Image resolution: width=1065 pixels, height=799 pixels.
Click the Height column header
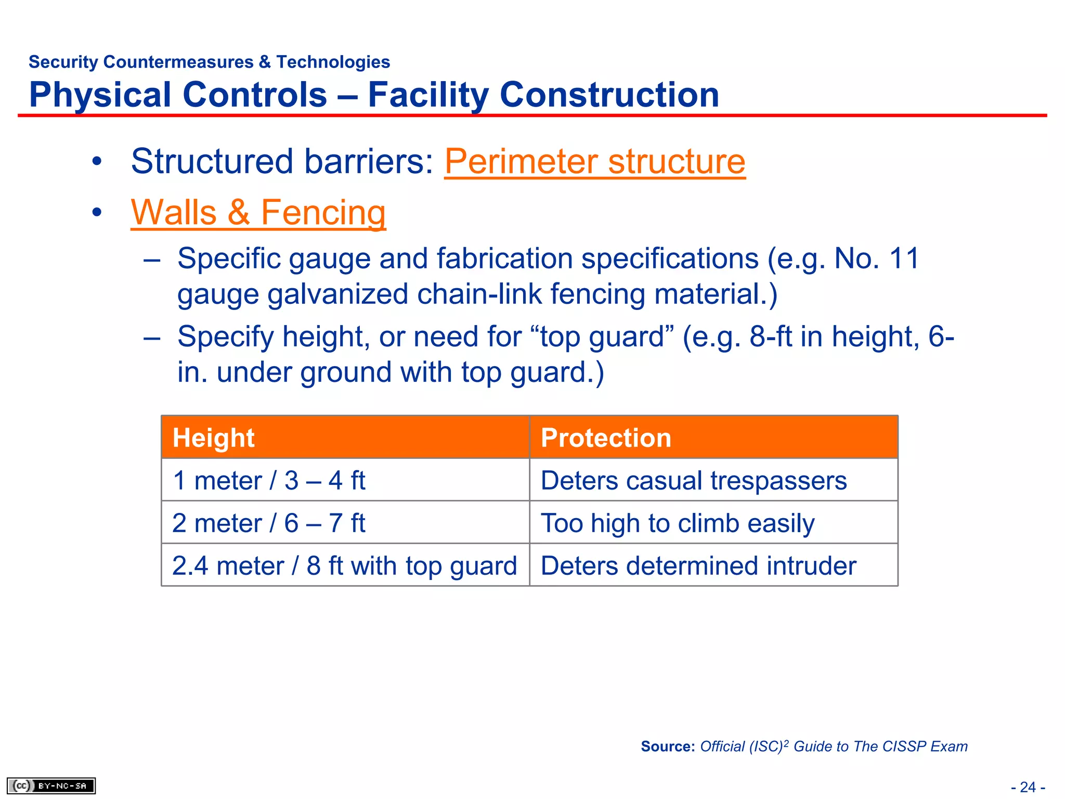[213, 437]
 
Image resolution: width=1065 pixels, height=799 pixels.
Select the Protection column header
[606, 437]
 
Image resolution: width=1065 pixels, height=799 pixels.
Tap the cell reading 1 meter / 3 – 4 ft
[269, 480]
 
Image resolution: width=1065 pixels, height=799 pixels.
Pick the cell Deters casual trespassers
[693, 480]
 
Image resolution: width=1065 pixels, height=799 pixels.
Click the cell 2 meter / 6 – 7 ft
[269, 523]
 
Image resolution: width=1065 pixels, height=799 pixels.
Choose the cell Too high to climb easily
[677, 523]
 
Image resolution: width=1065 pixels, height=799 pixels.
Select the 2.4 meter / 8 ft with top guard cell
[344, 565]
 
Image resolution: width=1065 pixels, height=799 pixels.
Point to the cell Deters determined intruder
[698, 565]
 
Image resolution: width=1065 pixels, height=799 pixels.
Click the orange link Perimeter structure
[594, 161]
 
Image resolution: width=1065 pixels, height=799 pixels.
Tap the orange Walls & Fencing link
[258, 212]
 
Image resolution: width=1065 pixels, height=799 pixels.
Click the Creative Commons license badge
[51, 785]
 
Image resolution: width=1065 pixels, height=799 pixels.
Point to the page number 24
[1028, 787]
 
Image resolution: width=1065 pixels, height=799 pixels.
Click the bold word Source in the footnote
[667, 746]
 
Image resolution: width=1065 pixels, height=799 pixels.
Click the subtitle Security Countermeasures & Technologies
[209, 62]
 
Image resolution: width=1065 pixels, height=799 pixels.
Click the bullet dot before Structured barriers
[97, 162]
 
